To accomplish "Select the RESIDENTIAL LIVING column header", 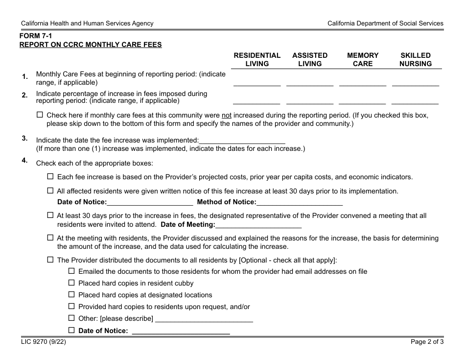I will [x=257, y=59].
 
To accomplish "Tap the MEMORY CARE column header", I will [x=363, y=59].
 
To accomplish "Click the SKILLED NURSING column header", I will [x=416, y=59].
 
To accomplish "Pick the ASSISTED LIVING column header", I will [x=310, y=59].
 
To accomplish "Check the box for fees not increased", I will [x=40, y=115].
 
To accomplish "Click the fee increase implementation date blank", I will [x=242, y=140].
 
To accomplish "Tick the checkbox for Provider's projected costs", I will [x=50, y=177].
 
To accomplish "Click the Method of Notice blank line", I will [x=300, y=202].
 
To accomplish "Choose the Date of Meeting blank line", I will [x=258, y=225].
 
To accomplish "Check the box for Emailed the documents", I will [x=71, y=271].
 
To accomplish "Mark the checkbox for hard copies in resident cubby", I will [x=71, y=283].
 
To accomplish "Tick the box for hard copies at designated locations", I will [x=71, y=294].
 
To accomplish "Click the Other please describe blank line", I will [x=204, y=319].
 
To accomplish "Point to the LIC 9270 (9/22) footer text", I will [x=43, y=342].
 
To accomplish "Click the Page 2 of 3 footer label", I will [x=427, y=342].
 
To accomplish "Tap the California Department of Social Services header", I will [x=385, y=23].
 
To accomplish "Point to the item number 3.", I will [x=24, y=139].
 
